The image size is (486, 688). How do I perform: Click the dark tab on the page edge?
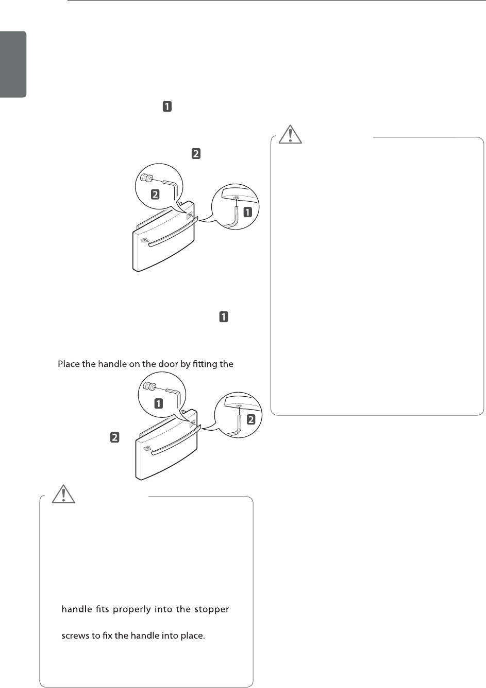tap(13, 64)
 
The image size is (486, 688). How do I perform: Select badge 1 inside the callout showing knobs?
tap(159, 403)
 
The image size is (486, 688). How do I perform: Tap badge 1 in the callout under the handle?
tap(247, 211)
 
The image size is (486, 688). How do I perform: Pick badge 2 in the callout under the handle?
tap(251, 419)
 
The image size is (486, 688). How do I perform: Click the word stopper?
tap(211, 610)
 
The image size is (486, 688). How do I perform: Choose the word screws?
tap(75, 636)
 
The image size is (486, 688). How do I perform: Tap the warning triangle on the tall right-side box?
tap(290, 134)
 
